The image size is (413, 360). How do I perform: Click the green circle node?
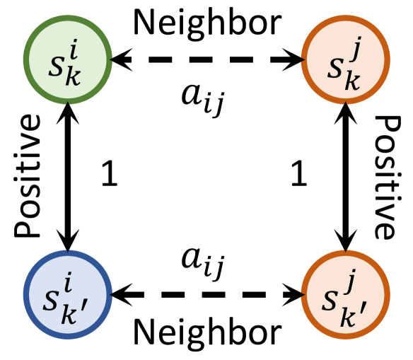tap(67, 61)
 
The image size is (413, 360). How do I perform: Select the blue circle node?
tap(67, 291)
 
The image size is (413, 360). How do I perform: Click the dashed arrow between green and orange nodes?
tap(206, 61)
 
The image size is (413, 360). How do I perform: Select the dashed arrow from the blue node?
tap(206, 292)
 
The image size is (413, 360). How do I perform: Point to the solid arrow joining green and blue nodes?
tap(67, 176)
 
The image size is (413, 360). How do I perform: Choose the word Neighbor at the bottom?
tap(206, 331)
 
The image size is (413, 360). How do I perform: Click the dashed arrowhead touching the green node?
tap(120, 61)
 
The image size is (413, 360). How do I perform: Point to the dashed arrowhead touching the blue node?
tap(120, 292)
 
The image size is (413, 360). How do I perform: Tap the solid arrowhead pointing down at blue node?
tap(67, 240)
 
